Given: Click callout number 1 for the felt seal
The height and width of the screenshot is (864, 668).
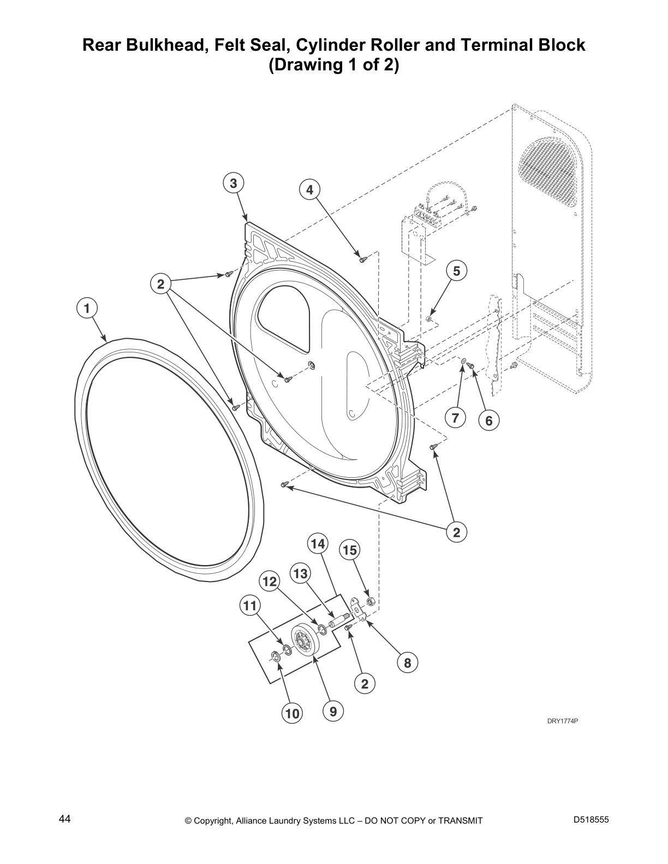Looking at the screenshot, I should (x=86, y=308).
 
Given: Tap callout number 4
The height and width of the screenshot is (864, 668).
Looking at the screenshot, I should (x=309, y=190).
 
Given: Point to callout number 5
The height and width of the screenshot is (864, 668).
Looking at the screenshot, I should (x=457, y=271).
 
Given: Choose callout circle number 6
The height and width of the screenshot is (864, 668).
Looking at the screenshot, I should (x=488, y=421).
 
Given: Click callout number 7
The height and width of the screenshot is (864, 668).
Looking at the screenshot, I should (x=455, y=418).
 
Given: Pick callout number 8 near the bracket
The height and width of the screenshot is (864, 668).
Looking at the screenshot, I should (x=407, y=663).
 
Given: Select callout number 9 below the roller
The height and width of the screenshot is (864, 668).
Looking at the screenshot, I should (x=333, y=711).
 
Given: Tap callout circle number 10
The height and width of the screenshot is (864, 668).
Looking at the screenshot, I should (x=292, y=713).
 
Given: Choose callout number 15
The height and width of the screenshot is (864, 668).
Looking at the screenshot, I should (x=350, y=550).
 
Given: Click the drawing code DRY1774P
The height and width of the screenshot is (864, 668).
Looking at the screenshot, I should (x=562, y=721).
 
